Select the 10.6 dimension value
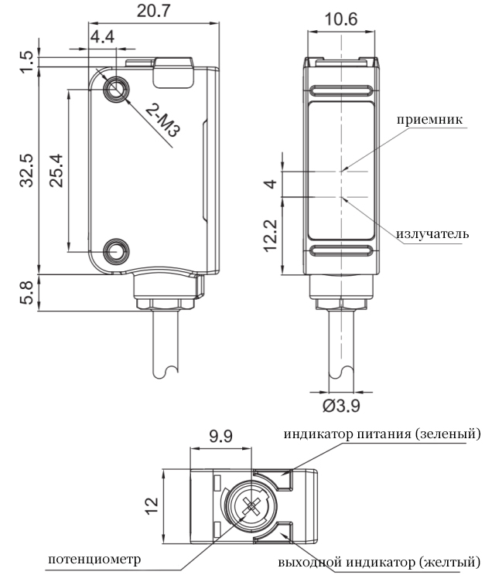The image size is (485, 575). [x=341, y=20]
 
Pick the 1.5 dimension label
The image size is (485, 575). [x=26, y=60]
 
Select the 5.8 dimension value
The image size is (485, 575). [x=26, y=293]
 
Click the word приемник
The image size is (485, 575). [x=429, y=120]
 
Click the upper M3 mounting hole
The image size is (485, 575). [x=116, y=88]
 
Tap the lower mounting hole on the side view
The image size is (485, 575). [x=116, y=250]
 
